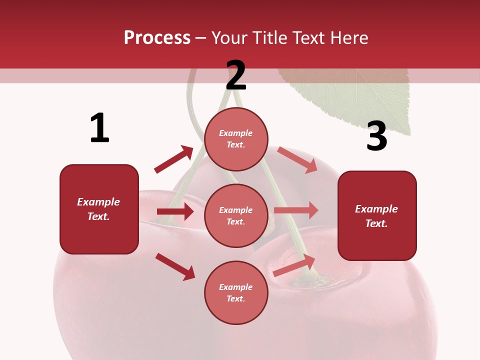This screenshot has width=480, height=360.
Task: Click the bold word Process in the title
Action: (x=157, y=38)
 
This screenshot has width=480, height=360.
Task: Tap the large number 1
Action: (x=99, y=128)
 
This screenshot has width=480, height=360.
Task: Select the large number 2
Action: (x=236, y=75)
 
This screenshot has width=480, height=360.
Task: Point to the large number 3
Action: (x=376, y=136)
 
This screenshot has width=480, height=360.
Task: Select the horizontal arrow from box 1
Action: (x=175, y=211)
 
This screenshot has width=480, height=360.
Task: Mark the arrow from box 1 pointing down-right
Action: (x=175, y=266)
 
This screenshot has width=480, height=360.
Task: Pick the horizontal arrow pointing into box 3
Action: (x=296, y=210)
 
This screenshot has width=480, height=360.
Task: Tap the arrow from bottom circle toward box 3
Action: (x=294, y=265)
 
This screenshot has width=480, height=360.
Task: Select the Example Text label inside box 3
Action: (x=376, y=216)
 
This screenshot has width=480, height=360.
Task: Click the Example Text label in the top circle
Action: (x=236, y=139)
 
